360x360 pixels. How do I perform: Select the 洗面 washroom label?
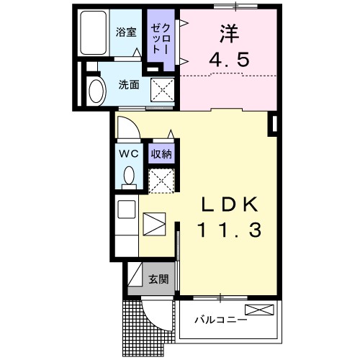[x=129, y=84]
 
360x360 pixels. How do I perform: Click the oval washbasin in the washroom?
[x=95, y=91]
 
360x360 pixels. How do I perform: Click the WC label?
[x=128, y=154]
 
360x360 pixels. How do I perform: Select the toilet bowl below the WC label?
[x=130, y=175]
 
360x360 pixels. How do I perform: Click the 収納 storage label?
[x=161, y=153]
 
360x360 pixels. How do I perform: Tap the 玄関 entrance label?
[x=159, y=279]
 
